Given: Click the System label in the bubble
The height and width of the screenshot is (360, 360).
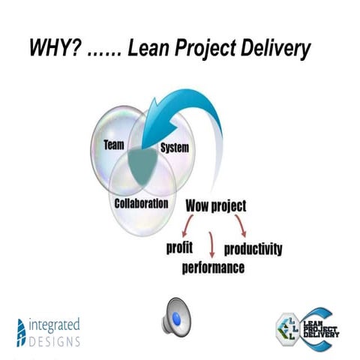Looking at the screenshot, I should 173,149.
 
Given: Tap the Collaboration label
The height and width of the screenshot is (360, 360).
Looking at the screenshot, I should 141,204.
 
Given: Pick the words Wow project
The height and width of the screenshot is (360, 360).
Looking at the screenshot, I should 217,205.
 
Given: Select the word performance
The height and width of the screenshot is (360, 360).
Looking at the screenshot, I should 213,267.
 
